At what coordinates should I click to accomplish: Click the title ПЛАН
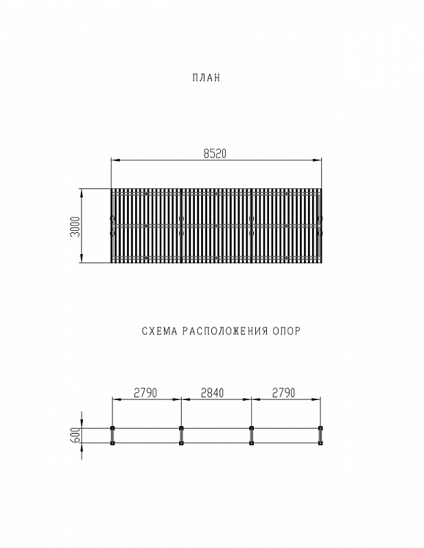click(x=207, y=77)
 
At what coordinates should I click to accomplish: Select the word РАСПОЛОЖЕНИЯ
click(x=225, y=331)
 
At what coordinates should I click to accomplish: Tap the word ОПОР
click(x=286, y=331)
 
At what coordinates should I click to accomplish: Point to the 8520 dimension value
click(x=215, y=153)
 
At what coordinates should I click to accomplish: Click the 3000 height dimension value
click(x=75, y=227)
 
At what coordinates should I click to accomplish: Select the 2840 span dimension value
click(x=212, y=393)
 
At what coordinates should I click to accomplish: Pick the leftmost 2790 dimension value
click(x=145, y=393)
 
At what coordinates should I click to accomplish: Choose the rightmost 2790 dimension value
click(x=283, y=393)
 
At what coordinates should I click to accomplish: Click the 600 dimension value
click(x=75, y=436)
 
